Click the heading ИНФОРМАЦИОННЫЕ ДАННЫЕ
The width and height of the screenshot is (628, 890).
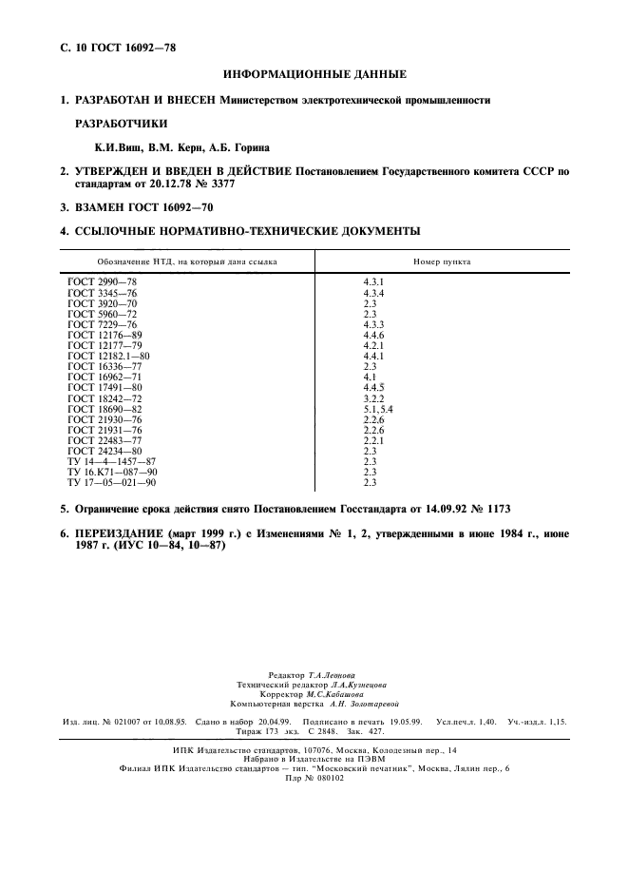(314, 73)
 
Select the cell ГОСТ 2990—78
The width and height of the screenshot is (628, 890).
(103, 282)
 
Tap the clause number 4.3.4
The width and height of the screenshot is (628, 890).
(374, 293)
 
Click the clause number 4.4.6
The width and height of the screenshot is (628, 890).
(374, 335)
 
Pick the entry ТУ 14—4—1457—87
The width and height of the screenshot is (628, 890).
(111, 460)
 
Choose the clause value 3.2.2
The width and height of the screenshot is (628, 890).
(374, 397)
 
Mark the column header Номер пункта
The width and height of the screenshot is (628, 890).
(442, 261)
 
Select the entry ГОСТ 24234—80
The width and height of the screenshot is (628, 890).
(105, 450)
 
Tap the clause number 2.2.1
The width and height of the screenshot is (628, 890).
(374, 439)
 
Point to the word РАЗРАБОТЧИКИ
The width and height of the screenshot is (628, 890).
(121, 123)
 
